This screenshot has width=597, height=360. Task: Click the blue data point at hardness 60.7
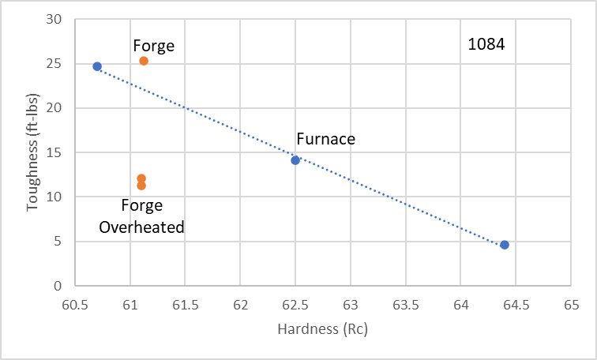(97, 66)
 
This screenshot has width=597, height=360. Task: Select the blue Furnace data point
(295, 160)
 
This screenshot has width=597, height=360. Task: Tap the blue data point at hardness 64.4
(505, 245)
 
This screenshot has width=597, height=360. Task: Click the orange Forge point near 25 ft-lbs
(144, 61)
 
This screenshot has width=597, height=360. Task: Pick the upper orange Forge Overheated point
(141, 178)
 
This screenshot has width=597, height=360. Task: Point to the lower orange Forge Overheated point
(141, 186)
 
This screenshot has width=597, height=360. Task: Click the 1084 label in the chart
(486, 44)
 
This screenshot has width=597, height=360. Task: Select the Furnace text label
(325, 140)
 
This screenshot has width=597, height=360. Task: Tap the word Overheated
(141, 227)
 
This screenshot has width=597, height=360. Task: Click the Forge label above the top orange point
(153, 46)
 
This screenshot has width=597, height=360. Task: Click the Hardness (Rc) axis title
(324, 329)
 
